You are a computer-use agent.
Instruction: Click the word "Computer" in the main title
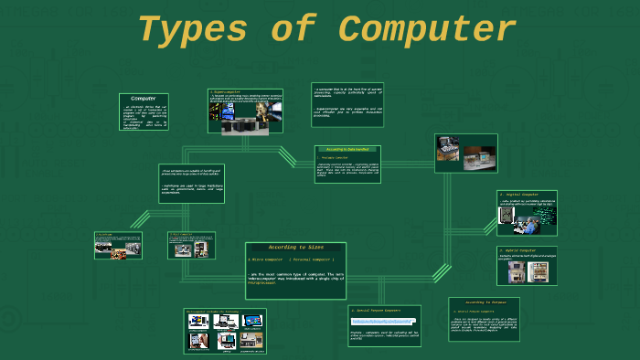pos(428,30)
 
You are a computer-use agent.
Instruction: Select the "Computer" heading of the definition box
pos(144,98)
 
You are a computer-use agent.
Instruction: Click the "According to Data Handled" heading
pos(347,149)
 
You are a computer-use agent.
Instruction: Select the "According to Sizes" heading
pos(294,248)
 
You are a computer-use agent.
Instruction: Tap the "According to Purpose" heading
pos(484,302)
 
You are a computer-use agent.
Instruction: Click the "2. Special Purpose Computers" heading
pos(381,311)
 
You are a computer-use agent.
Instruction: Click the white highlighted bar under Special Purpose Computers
pos(383,322)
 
